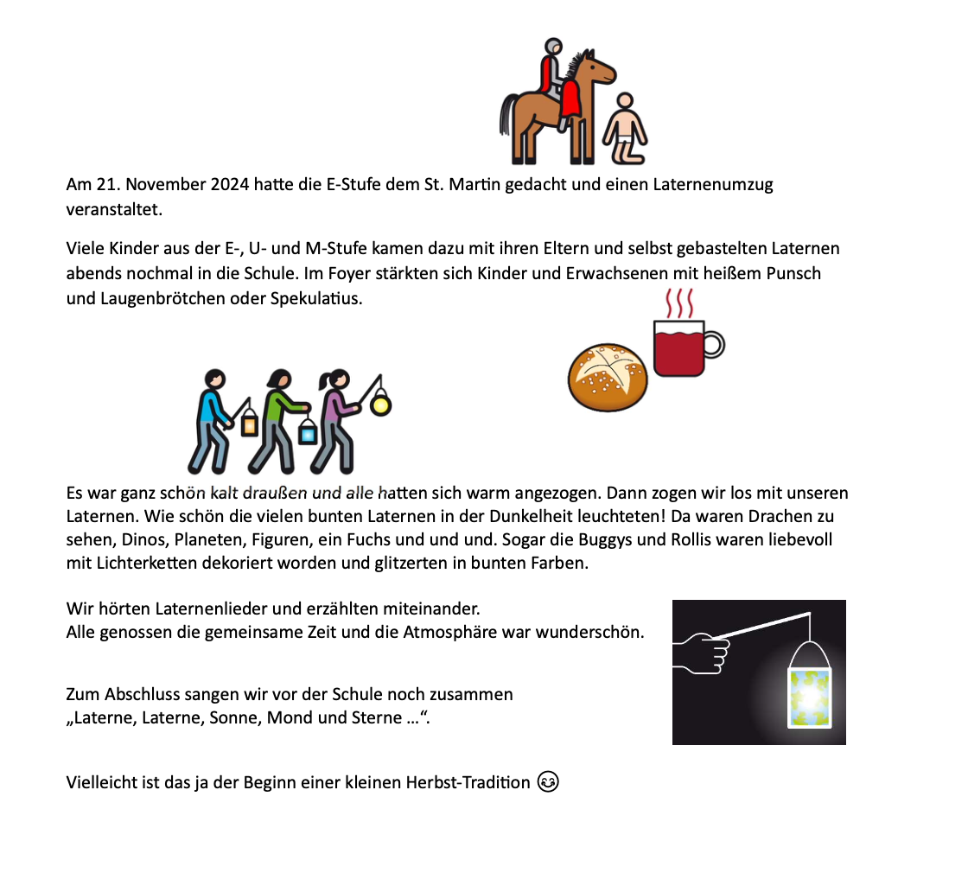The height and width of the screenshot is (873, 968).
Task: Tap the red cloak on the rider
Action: tap(570, 99)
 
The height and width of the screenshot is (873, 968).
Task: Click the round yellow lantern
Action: tap(379, 403)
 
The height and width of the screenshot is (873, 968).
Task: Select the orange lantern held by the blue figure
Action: tap(250, 424)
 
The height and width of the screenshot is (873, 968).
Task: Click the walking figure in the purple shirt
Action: tap(335, 415)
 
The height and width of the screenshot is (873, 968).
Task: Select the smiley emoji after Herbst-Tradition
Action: tap(548, 782)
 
